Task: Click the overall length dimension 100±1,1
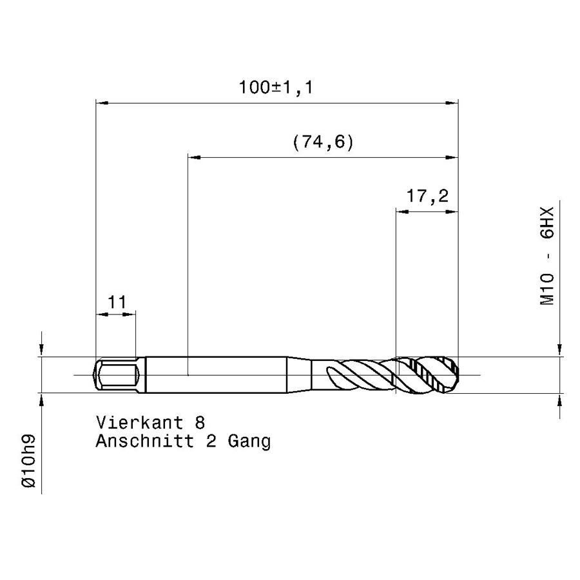(276, 88)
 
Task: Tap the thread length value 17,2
(427, 196)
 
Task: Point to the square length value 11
(117, 302)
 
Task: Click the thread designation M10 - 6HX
(546, 256)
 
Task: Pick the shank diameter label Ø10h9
(29, 461)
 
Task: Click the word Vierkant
(139, 422)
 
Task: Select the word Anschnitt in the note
(144, 441)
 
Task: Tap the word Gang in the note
(249, 441)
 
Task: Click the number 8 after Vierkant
(200, 422)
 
